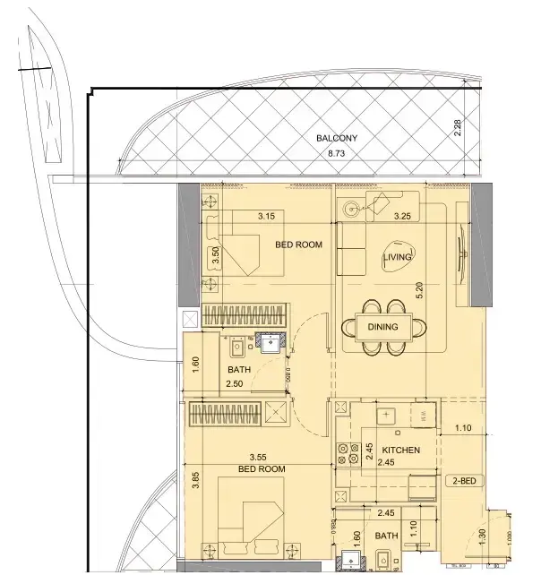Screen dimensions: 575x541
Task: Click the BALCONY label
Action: [337, 139]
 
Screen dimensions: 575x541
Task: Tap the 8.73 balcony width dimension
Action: [337, 155]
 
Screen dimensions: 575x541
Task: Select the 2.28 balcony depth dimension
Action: [457, 131]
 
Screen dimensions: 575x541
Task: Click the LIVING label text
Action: [398, 258]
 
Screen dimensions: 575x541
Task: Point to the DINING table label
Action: [383, 327]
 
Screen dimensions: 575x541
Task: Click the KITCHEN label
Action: [400, 450]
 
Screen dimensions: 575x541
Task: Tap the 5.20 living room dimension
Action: [418, 290]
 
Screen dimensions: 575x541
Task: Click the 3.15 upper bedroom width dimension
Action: [266, 216]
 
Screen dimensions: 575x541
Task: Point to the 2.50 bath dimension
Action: [235, 384]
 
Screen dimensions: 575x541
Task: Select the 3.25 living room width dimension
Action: [403, 216]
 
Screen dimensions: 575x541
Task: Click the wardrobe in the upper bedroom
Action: [244, 316]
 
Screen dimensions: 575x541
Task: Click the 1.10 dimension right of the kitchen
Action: [462, 429]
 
